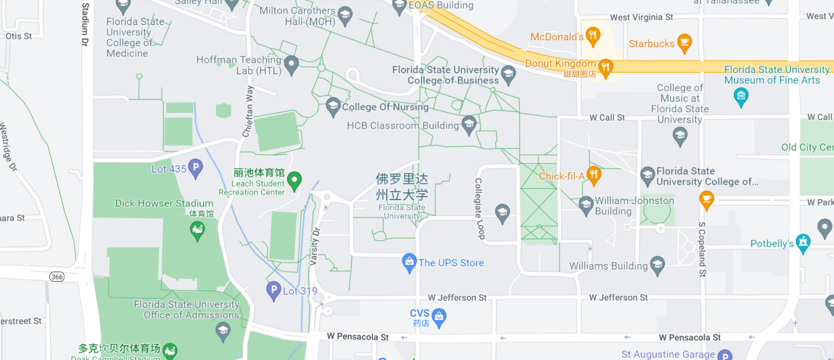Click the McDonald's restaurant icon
point(592,36)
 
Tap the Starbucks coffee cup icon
point(684,43)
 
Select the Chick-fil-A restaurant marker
point(594,175)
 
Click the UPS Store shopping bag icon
point(409,263)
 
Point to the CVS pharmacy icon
point(439,317)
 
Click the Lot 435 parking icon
point(196,169)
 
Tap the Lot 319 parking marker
point(274,290)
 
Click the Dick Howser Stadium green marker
point(197,231)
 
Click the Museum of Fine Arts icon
point(741,96)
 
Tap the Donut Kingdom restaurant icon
point(606,68)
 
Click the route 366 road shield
point(57,276)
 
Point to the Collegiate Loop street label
point(479,208)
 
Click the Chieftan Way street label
point(248,111)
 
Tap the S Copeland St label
point(703,249)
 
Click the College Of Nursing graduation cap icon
point(333,106)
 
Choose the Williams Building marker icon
point(657,265)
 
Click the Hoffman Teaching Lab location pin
point(291,64)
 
